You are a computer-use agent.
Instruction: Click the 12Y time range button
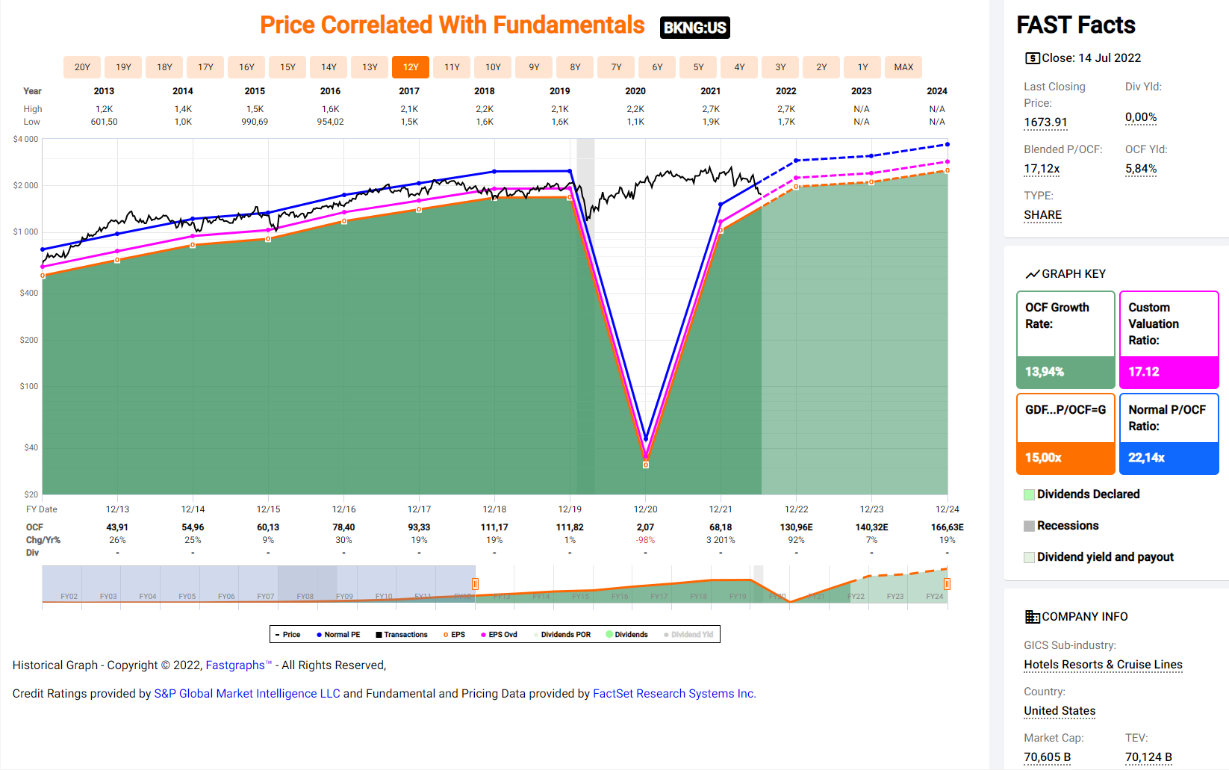411,67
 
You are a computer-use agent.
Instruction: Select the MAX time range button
903,67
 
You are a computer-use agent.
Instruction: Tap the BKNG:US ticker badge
694,28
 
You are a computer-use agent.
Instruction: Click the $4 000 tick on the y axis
26,139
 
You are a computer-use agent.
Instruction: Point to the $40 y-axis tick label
31,447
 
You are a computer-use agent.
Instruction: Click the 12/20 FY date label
645,509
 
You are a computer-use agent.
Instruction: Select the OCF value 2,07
645,527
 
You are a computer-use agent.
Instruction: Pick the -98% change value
645,540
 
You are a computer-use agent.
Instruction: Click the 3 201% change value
721,540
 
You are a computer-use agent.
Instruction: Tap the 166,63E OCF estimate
947,527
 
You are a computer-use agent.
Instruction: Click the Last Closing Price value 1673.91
1045,122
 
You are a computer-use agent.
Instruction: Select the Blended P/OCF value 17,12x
1042,169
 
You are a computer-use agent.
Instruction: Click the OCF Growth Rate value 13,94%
1045,372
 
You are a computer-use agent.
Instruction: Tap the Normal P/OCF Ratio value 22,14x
1146,458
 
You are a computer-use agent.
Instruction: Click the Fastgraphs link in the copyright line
235,665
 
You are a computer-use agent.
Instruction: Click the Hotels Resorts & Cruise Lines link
1103,665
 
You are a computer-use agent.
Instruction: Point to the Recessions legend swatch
1030,526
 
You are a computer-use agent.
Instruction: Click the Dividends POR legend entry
565,635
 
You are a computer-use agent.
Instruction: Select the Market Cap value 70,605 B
1047,757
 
